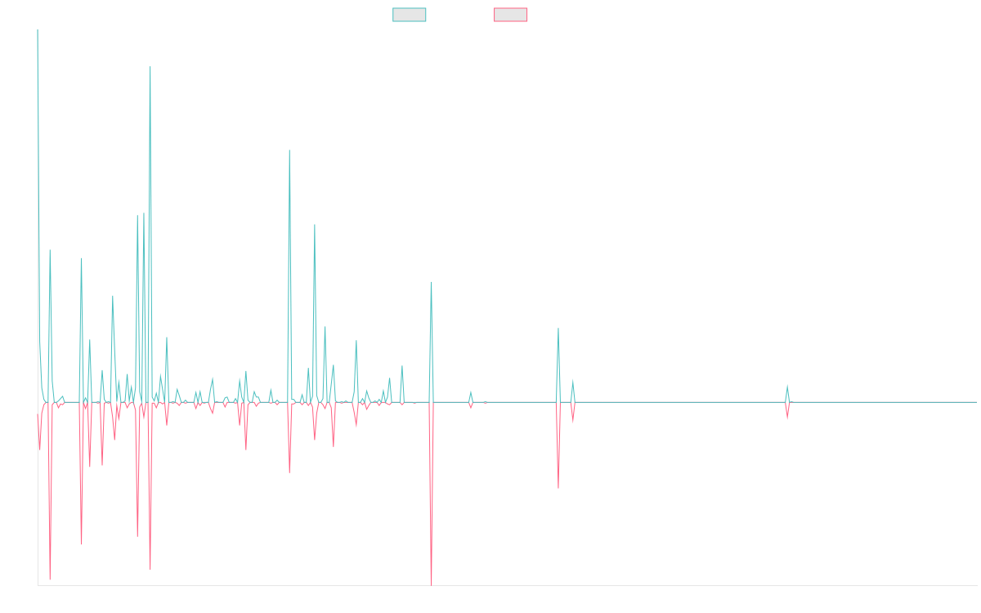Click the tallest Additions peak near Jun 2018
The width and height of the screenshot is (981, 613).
tap(150, 67)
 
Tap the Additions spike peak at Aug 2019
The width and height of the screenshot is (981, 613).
tap(289, 150)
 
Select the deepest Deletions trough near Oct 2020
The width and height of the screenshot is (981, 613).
tap(431, 584)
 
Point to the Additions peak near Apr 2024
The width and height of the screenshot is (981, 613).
tap(787, 385)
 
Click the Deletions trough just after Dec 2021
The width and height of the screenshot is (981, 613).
tap(558, 488)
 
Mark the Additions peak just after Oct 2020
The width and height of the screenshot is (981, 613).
tap(431, 282)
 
